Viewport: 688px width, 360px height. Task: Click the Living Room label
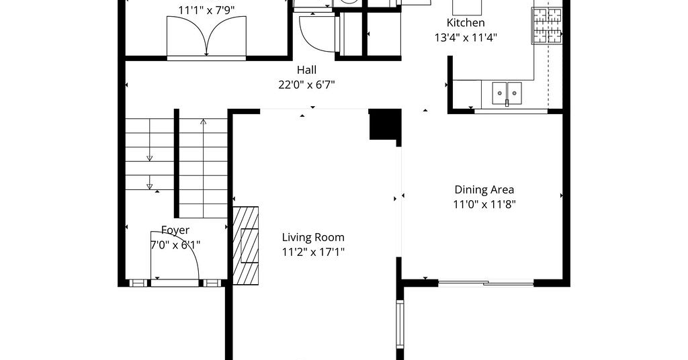coord(313,237)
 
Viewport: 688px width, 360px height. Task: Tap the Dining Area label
coord(484,189)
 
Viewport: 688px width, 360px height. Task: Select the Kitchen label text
coord(466,23)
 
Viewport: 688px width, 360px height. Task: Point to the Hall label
coord(306,70)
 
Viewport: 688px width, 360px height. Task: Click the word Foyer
coord(175,230)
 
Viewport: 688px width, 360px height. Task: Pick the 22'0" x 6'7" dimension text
coord(306,85)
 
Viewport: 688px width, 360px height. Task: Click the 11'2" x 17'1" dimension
coord(313,252)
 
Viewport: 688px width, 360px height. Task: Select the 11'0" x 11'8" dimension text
coord(484,204)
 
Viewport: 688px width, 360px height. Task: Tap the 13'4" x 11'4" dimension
coord(466,38)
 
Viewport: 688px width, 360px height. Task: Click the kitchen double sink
coord(507,93)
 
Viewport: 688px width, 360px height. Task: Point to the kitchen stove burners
coord(547,26)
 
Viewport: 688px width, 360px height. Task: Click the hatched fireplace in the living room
coord(246,246)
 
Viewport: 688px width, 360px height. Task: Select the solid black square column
coord(385,124)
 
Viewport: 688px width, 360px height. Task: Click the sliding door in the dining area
coord(486,283)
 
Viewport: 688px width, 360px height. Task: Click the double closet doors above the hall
coord(206,36)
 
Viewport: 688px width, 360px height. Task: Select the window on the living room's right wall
coord(400,324)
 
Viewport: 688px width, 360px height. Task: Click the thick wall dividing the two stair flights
coord(177,163)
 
